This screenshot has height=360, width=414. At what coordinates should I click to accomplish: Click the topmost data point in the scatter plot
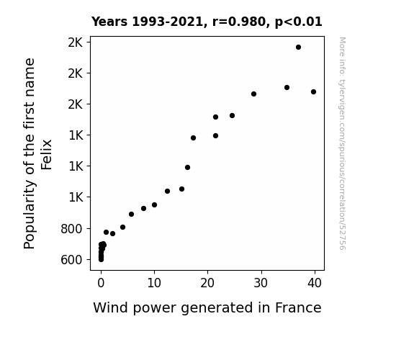pos(298,48)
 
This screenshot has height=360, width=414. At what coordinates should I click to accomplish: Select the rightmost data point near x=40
pos(313,92)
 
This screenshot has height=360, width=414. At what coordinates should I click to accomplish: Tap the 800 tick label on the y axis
pos(71,229)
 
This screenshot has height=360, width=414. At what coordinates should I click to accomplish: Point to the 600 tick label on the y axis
pos(71,260)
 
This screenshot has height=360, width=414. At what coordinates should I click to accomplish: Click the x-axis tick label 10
pos(154,283)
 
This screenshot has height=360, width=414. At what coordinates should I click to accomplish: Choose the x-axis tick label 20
pos(207,283)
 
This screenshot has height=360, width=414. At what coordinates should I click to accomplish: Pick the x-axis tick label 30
pos(261,283)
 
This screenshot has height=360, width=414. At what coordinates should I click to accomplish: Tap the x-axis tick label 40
pos(315,283)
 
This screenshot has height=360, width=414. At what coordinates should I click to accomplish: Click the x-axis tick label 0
pos(101,283)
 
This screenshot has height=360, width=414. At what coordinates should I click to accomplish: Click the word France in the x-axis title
pos(298,307)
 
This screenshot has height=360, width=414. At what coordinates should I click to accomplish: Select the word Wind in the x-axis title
pos(111,307)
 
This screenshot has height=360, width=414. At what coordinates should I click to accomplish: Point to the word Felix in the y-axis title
pos(47,155)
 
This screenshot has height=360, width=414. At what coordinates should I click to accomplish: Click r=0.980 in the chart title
pos(239,22)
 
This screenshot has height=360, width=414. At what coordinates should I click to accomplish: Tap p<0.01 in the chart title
pos(299,22)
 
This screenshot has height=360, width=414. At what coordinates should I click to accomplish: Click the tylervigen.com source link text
pos(342,143)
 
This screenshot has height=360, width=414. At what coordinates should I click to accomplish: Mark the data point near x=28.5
pos(253,94)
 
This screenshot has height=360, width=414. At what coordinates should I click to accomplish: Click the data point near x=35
pos(287,87)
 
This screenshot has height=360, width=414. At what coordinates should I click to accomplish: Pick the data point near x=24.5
pos(232,116)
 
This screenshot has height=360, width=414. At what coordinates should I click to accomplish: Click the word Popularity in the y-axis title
pos(29,214)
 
